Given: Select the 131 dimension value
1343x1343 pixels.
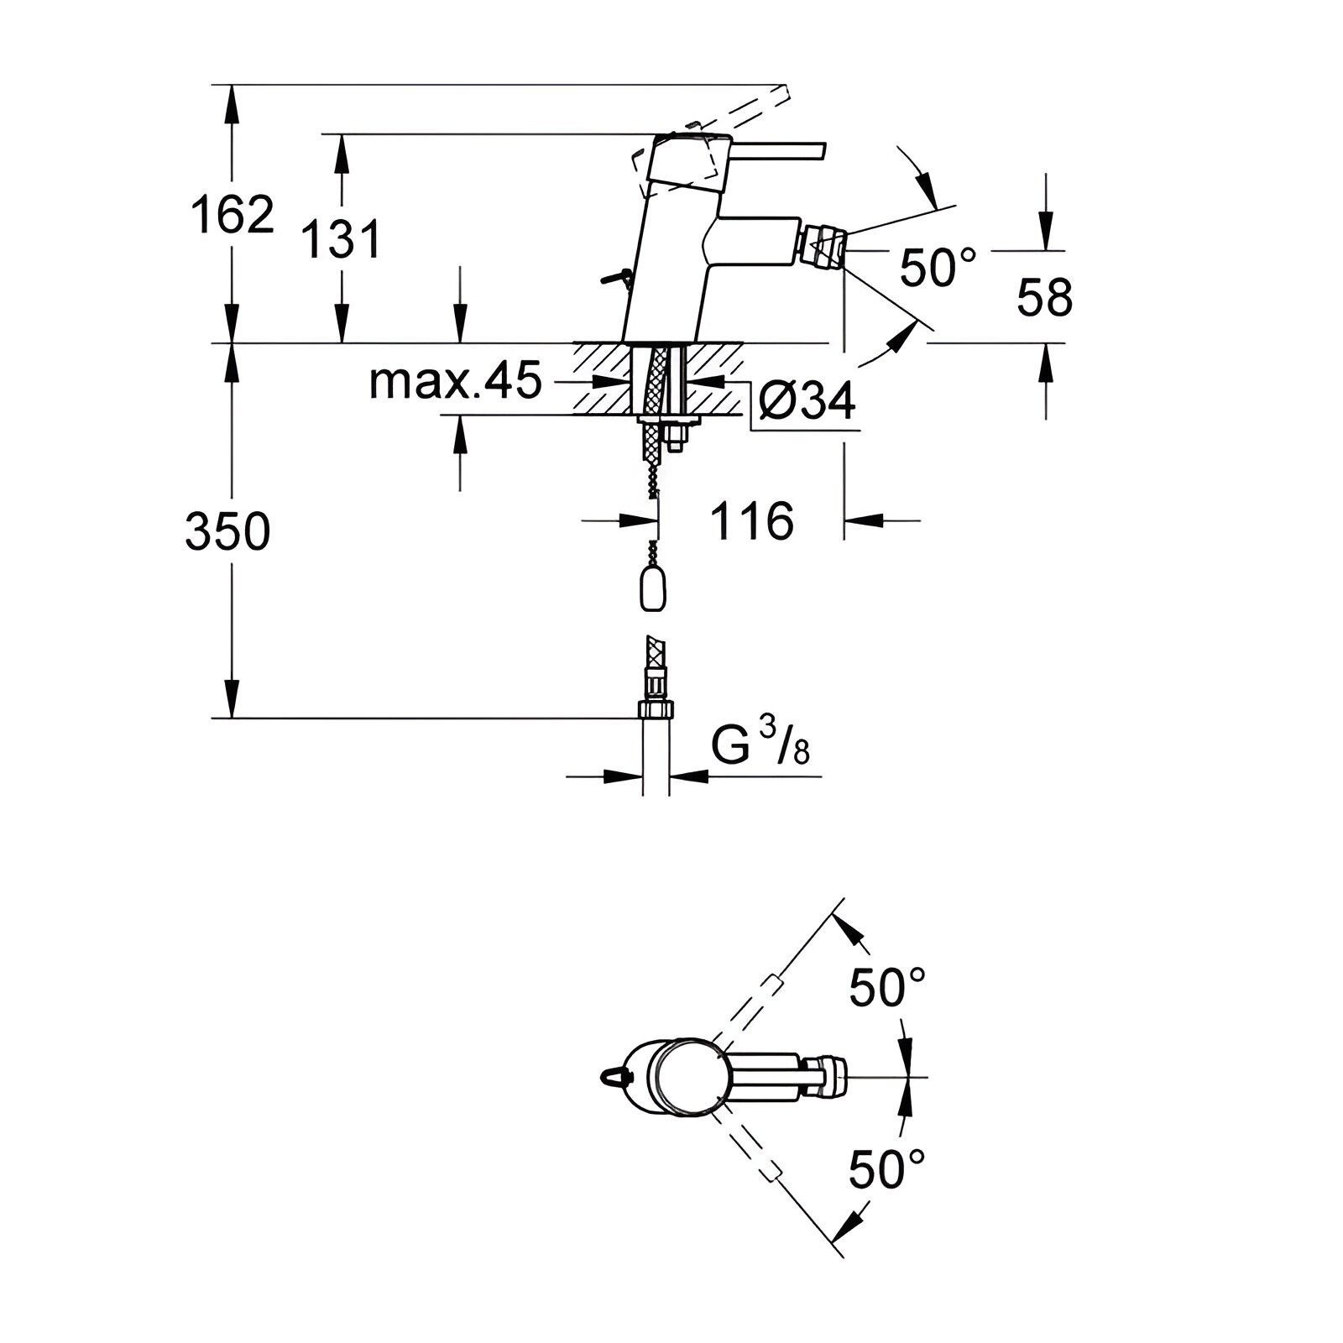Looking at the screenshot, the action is [340, 239].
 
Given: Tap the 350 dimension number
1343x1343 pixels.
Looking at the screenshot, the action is [227, 530].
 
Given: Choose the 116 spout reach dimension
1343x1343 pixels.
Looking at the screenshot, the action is [752, 521].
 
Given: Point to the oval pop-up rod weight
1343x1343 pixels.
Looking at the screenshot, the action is [653, 590].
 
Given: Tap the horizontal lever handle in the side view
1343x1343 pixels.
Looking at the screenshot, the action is [776, 149].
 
